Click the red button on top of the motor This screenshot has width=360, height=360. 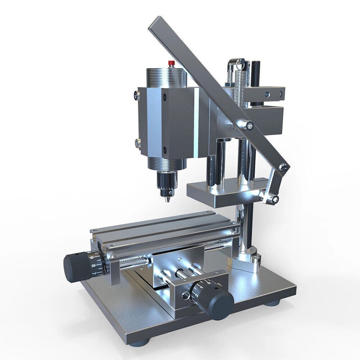tap(171, 63)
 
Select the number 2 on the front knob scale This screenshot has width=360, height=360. tap(197, 295)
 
